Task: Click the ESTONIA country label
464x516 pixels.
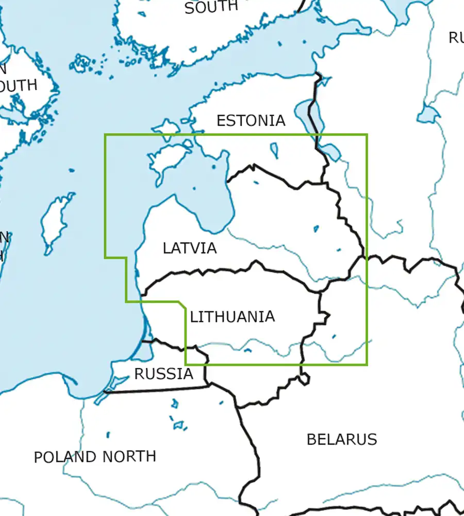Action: point(251,120)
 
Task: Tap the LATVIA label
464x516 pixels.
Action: point(190,248)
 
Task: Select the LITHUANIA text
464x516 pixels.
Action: point(232,316)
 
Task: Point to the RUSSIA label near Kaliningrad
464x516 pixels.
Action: point(163,374)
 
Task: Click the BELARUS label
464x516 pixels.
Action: point(341,439)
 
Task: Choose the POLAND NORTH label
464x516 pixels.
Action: point(95,457)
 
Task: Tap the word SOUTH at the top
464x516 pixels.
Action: point(211,7)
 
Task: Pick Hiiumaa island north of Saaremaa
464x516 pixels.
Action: point(167,127)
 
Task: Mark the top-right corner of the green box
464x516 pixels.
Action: point(367,135)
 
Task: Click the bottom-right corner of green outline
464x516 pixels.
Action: point(367,365)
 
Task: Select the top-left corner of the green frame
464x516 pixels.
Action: point(105,135)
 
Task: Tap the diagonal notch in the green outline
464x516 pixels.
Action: point(182,305)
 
